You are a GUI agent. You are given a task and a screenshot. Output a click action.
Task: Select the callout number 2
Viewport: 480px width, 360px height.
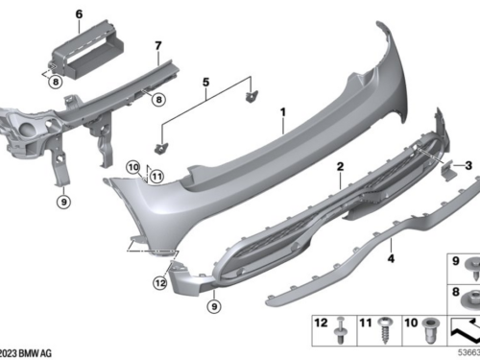(339, 167)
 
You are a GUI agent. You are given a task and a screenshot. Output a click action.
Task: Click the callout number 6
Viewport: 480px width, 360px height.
(79, 13)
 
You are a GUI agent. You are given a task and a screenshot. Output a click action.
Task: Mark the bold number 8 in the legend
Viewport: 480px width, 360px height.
(455, 290)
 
